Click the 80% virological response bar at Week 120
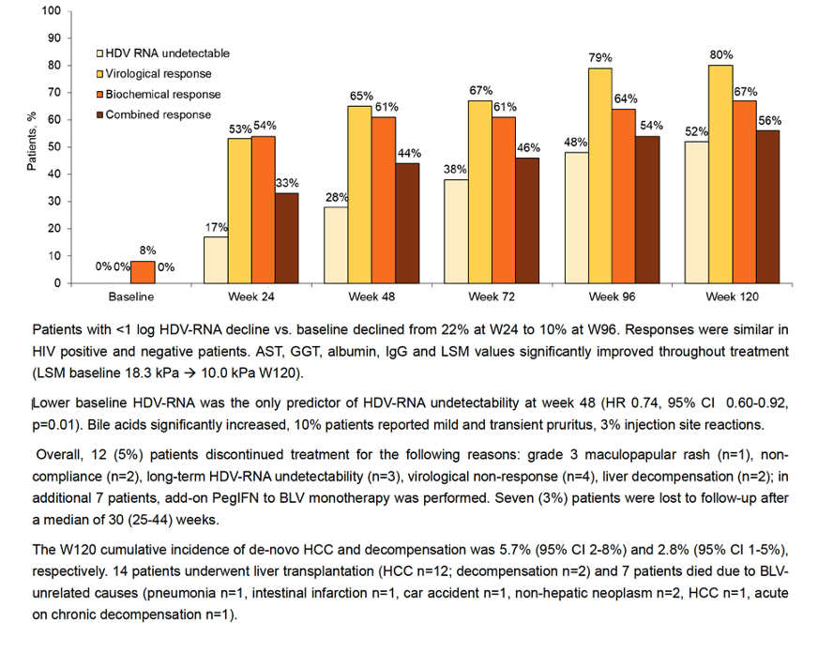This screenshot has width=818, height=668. point(720,175)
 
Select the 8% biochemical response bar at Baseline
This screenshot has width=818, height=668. point(143,272)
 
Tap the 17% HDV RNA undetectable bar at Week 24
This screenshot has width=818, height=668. point(216,261)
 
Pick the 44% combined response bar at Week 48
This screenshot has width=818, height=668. point(407,223)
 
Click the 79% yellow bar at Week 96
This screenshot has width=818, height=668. point(600,175)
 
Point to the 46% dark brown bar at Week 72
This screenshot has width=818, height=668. point(527,220)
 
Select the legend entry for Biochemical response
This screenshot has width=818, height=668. point(159,95)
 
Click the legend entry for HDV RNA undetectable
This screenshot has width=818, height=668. point(163,53)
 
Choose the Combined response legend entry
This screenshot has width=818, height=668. point(154,114)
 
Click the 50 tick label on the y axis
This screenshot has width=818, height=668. point(54,147)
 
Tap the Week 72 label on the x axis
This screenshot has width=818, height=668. point(492,297)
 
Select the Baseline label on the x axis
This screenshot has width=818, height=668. point(131,297)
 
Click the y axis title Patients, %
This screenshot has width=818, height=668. point(31,141)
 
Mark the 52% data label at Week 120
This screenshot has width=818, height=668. point(696,131)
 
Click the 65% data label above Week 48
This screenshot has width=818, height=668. point(361,96)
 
